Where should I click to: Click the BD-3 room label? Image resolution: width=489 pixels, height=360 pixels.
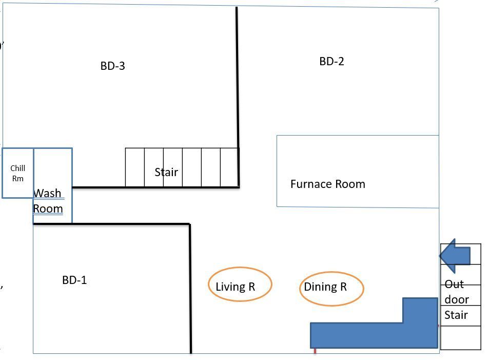pyautogui.click(x=112, y=66)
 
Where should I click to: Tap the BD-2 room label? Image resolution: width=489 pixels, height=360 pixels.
pyautogui.click(x=331, y=61)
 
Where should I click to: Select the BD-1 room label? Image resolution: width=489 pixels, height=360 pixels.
pyautogui.click(x=74, y=280)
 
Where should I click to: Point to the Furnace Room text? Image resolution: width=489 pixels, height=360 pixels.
pyautogui.click(x=328, y=184)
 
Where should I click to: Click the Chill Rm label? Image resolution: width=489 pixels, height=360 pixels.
pyautogui.click(x=18, y=173)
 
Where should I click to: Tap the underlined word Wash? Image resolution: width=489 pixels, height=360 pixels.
pyautogui.click(x=47, y=193)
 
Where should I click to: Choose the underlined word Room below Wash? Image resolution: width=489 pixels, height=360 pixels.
pyautogui.click(x=48, y=209)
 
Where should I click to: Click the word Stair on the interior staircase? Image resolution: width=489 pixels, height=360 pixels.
pyautogui.click(x=166, y=172)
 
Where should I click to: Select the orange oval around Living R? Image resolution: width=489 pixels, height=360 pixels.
pyautogui.click(x=240, y=267)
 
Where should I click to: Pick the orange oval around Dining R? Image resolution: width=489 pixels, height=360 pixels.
pyautogui.click(x=331, y=272)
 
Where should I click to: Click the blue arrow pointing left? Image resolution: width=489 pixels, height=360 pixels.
pyautogui.click(x=455, y=256)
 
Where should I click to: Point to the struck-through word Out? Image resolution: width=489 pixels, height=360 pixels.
pyautogui.click(x=454, y=284)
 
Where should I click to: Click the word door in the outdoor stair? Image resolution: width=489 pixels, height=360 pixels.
pyautogui.click(x=457, y=299)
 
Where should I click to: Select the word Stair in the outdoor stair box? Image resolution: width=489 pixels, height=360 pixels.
pyautogui.click(x=456, y=315)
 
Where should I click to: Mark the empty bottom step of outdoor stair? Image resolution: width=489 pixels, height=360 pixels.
pyautogui.click(x=461, y=338)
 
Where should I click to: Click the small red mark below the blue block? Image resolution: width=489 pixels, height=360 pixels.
pyautogui.click(x=315, y=351)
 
